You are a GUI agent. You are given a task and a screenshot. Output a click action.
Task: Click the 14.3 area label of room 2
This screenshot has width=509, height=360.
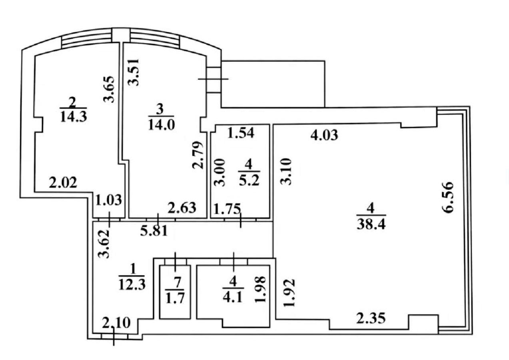pyautogui.click(x=74, y=117)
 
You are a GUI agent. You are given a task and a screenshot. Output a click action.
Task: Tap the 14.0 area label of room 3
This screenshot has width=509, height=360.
pyautogui.click(x=161, y=125)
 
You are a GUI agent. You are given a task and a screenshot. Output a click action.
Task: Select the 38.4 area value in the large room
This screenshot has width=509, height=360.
pyautogui.click(x=371, y=225)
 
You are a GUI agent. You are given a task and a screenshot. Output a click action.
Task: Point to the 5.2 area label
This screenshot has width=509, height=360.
pyautogui.click(x=249, y=181)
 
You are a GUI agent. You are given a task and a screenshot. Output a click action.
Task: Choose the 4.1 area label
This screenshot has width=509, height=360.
pyautogui.click(x=234, y=298)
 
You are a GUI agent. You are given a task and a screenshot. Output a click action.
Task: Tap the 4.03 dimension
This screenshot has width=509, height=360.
pyautogui.click(x=324, y=136)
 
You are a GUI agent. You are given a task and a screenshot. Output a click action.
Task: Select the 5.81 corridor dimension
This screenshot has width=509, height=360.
pyautogui.click(x=154, y=231)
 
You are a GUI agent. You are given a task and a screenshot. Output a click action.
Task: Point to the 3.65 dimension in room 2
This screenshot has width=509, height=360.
pyautogui.click(x=108, y=89)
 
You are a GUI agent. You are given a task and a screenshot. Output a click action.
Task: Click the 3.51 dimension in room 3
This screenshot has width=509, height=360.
pyautogui.click(x=134, y=72)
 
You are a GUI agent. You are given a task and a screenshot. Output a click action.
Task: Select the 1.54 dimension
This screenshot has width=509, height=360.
pyautogui.click(x=241, y=133)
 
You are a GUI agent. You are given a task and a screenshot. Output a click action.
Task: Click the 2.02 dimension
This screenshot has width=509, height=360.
pyautogui.click(x=63, y=183)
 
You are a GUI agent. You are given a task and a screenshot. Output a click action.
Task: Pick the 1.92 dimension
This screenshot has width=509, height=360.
pyautogui.click(x=290, y=293)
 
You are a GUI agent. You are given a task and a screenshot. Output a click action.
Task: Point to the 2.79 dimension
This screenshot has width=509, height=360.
pyautogui.click(x=197, y=155)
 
